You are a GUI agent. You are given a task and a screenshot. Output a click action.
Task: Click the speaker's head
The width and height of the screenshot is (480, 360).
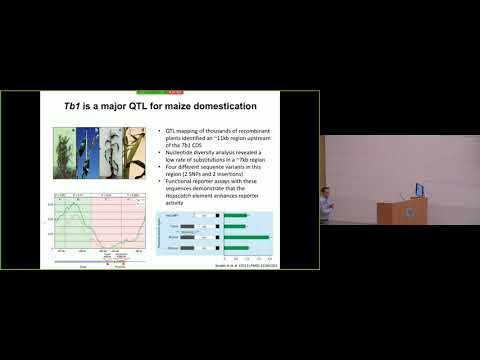coord(325,191)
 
